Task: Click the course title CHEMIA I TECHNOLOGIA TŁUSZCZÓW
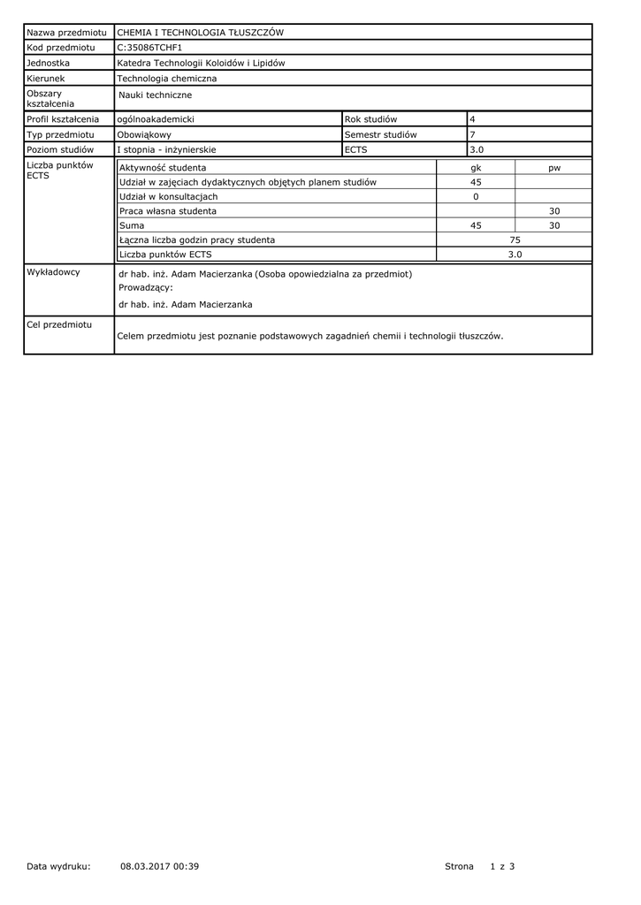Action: click(201, 33)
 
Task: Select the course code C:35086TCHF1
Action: click(149, 48)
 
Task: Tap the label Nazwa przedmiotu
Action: click(66, 33)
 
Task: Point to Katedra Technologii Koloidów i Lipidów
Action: click(201, 63)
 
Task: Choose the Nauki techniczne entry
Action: click(155, 95)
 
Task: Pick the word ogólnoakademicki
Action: click(156, 118)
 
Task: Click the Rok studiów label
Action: click(370, 118)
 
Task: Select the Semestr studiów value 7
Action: click(472, 134)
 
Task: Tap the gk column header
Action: click(476, 167)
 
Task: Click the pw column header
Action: click(554, 167)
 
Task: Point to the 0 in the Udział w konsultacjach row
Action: click(476, 196)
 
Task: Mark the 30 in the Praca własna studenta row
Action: click(554, 211)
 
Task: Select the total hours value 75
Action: click(515, 240)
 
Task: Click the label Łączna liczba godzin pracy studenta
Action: click(196, 240)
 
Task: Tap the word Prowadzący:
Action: click(146, 287)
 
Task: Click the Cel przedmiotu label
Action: click(59, 325)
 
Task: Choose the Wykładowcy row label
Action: click(53, 272)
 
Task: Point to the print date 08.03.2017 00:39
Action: click(159, 866)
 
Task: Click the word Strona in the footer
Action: click(459, 866)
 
